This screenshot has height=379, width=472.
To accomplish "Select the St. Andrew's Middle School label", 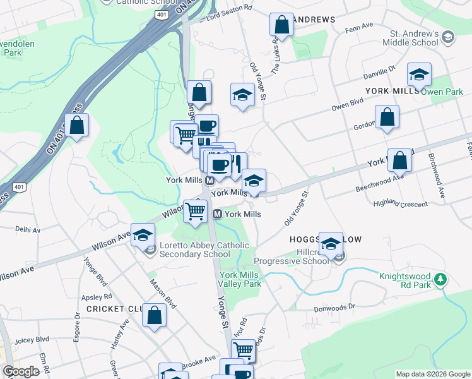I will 413,38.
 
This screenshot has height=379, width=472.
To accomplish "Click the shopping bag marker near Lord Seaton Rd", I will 281,25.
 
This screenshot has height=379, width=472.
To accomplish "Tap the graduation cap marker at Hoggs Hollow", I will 331,244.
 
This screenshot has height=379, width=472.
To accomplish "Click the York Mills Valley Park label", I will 240,279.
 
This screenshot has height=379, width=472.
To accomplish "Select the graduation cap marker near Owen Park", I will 419,75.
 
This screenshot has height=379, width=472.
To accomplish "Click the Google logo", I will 21,371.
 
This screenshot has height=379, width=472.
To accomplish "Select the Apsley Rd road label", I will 97,296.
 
